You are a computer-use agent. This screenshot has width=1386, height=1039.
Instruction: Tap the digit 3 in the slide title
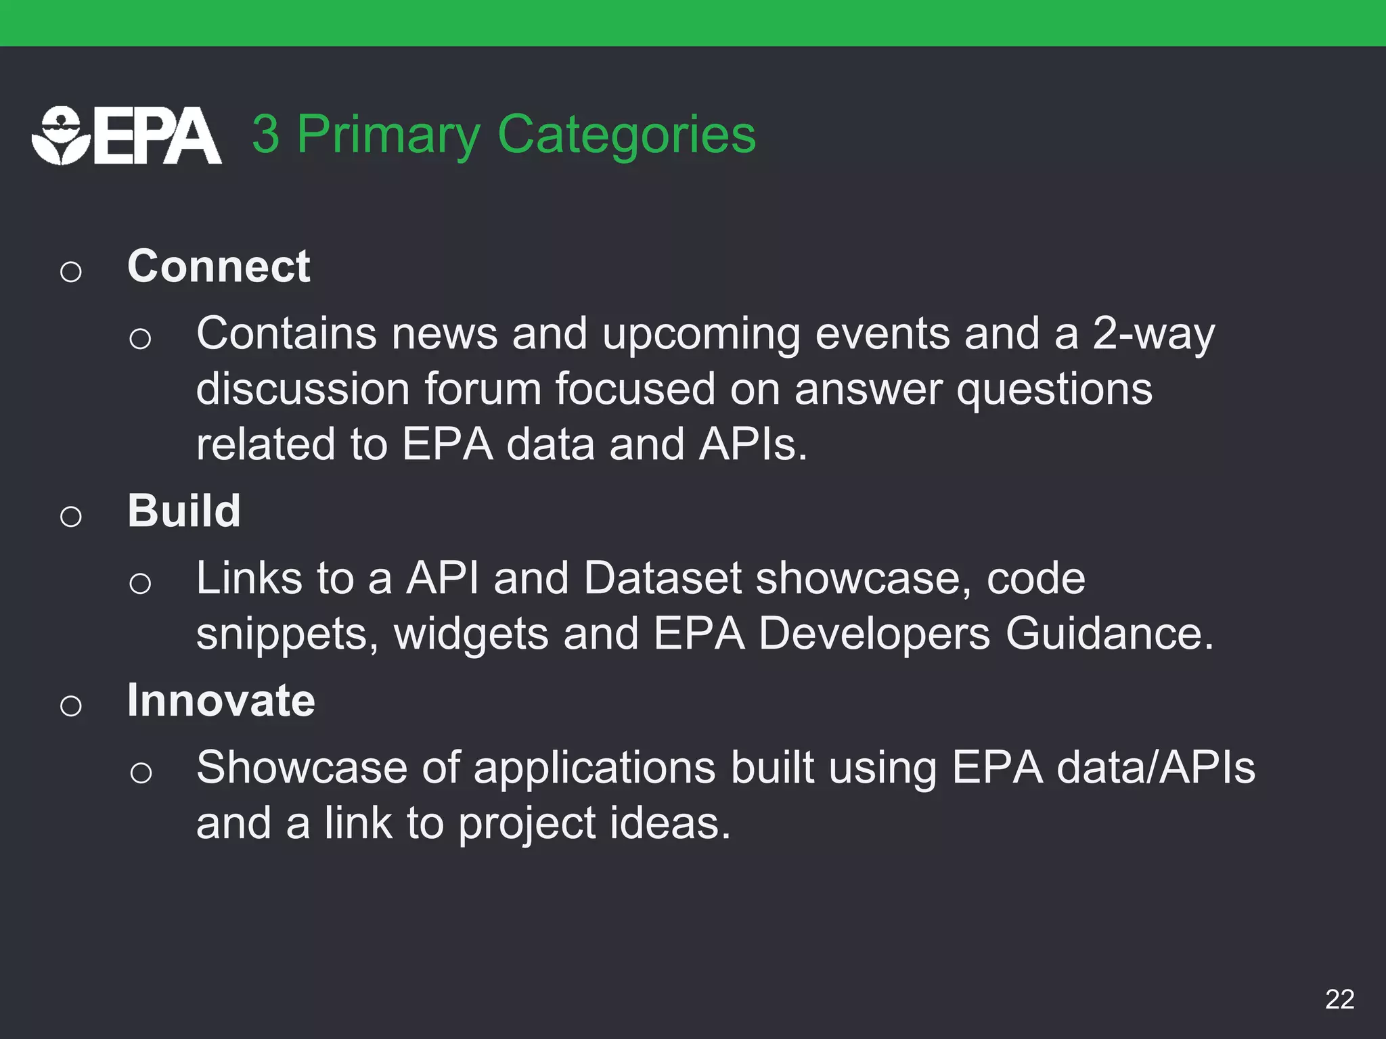coord(266,135)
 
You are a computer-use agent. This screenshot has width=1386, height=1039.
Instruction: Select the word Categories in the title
coord(626,135)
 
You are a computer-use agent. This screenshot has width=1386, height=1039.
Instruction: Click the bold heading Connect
coord(219,266)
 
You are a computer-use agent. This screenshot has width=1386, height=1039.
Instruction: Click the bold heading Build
coord(184,511)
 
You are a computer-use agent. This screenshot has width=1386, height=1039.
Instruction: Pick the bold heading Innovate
coord(221,700)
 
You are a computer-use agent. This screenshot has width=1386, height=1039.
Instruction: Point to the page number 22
coord(1339,999)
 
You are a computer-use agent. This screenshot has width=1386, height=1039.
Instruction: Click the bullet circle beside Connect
coord(71,272)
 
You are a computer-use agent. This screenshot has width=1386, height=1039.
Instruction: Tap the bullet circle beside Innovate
coord(71,706)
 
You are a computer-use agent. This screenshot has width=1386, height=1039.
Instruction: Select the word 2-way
coord(1153,333)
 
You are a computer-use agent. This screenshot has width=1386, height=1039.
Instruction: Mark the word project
coord(527,824)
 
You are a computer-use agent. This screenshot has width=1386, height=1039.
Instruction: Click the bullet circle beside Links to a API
coord(140,583)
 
